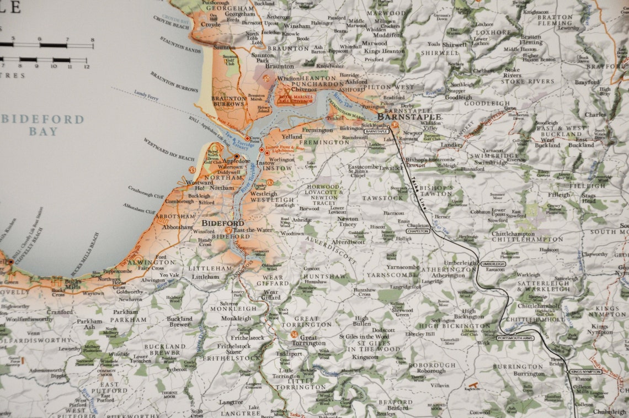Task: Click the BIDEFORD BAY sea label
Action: pos(42,125)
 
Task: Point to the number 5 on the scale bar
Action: pos(13,39)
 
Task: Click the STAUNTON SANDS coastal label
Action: pos(180,45)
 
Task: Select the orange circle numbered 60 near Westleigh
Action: pos(270,182)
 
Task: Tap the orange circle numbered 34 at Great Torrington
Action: pos(294,335)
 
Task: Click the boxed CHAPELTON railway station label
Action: pos(418,231)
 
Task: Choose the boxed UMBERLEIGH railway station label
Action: pos(493,264)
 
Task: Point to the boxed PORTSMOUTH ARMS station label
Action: pos(515,337)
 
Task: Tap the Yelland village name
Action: pos(292,136)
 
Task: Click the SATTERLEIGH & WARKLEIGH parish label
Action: pos(543,285)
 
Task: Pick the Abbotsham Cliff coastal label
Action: pos(139,208)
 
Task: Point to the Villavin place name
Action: pos(440,385)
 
